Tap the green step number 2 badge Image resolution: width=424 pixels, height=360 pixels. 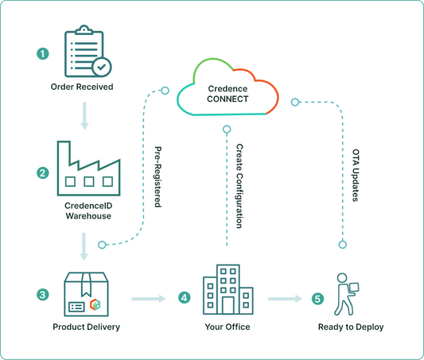tap(43, 171)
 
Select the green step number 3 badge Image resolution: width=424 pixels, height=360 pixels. tap(43, 295)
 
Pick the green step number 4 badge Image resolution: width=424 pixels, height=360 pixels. tap(185, 298)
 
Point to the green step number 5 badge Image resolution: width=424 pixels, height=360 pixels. tap(318, 299)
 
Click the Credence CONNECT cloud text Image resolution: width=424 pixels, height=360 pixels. tap(227, 94)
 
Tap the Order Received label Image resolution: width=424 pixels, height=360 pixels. tap(82, 87)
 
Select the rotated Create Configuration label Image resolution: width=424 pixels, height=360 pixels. tap(239, 186)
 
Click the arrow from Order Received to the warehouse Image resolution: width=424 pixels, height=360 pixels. tap(83, 118)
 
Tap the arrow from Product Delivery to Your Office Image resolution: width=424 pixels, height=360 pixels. tap(148, 299)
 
